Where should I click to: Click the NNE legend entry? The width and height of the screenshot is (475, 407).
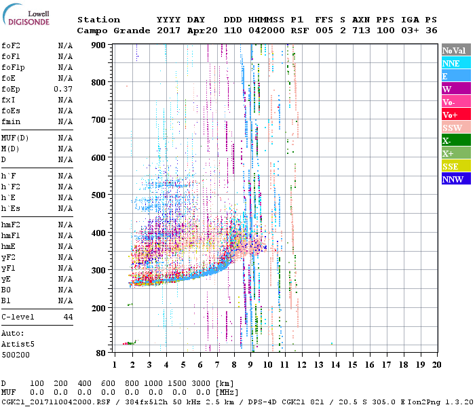click(455, 63)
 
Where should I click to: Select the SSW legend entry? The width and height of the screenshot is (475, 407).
click(455, 128)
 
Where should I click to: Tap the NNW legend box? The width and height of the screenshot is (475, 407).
click(455, 179)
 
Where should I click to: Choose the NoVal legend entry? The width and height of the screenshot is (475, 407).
click(455, 50)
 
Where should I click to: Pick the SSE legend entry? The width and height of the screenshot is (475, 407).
click(455, 166)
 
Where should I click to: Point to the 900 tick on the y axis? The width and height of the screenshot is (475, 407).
click(100, 45)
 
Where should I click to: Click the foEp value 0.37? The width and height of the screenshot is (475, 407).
click(63, 89)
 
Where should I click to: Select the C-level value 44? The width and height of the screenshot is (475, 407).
click(68, 317)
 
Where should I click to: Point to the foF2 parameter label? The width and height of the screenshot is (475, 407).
click(11, 45)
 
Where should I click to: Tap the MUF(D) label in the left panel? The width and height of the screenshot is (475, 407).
click(14, 138)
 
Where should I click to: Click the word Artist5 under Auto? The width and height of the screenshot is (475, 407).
click(16, 344)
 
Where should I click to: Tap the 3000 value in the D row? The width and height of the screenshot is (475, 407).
click(202, 384)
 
